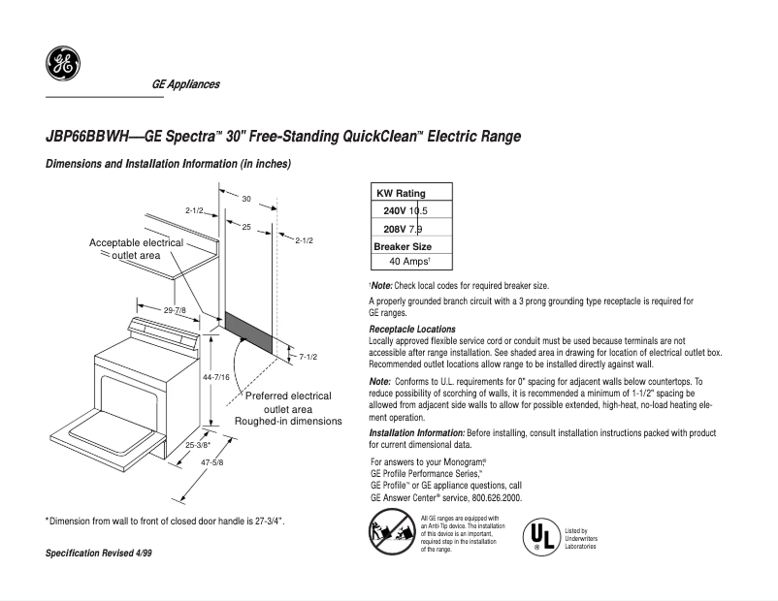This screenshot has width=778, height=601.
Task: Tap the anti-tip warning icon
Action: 390,534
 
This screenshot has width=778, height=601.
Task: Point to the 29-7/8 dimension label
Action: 176,310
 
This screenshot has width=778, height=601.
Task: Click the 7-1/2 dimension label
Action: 308,357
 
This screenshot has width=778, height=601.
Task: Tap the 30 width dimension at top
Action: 246,199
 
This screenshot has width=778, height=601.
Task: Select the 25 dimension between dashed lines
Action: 246,226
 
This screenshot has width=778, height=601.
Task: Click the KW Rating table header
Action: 401,193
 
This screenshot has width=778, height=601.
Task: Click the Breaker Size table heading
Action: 403,246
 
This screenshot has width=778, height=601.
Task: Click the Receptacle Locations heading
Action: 412,330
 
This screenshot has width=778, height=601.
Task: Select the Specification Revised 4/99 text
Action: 99,553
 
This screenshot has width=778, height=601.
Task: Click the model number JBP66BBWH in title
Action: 86,137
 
